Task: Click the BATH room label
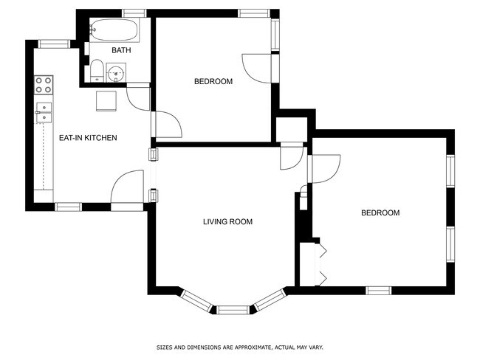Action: pos(121,50)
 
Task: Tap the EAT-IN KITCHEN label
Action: pos(88,138)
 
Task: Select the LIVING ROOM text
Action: pos(227,222)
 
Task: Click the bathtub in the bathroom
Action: pos(114,30)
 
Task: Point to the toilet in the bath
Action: pos(97,71)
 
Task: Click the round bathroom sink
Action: pos(116,73)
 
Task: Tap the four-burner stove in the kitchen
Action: pos(44,85)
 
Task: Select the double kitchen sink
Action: pos(44,113)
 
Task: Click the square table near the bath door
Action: pos(106,101)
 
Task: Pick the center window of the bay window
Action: pos(233,310)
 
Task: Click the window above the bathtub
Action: pos(134,13)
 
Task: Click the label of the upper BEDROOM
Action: pos(213,82)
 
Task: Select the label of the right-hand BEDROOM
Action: pos(380,213)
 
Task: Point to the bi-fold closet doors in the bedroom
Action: pos(322,265)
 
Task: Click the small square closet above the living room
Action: pos(292,130)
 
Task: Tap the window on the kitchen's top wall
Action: pos(54,44)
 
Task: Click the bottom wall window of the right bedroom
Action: pos(379,291)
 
